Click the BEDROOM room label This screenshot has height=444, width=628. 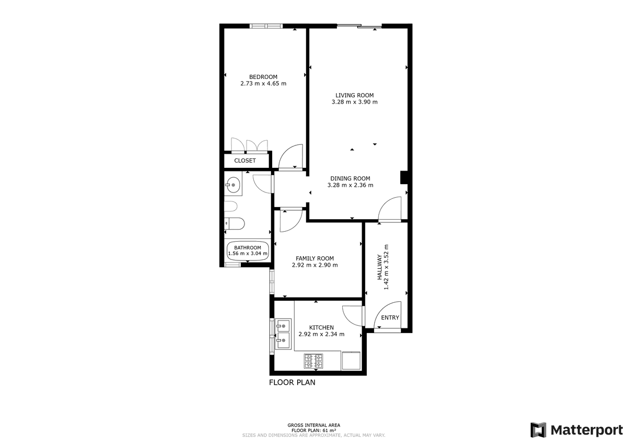click(x=263, y=77)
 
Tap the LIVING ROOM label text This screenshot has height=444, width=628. click(x=354, y=95)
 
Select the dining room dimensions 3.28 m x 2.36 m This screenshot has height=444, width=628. click(x=350, y=185)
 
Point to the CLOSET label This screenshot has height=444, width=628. click(x=245, y=161)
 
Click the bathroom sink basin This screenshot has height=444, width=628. click(x=233, y=185)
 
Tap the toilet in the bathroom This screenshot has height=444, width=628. click(x=234, y=223)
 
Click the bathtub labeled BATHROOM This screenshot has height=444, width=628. click(x=248, y=251)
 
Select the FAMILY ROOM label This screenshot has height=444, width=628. click(x=315, y=258)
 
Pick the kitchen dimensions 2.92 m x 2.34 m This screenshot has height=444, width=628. click(x=321, y=334)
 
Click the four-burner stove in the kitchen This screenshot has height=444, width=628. click(x=313, y=361)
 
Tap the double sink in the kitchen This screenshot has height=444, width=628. click(x=283, y=334)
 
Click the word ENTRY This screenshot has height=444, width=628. click(x=390, y=317)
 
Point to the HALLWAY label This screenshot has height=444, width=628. click(x=379, y=267)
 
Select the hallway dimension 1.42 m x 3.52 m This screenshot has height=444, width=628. click(x=386, y=267)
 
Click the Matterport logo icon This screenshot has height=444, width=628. click(x=539, y=430)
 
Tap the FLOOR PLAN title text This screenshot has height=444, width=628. click(x=292, y=382)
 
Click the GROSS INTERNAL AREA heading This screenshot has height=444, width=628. click(x=313, y=425)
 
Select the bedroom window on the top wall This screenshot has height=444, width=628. click(x=266, y=26)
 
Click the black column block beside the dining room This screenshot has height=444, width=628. click(x=403, y=177)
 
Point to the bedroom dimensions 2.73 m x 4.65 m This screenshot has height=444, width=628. click(x=263, y=84)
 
